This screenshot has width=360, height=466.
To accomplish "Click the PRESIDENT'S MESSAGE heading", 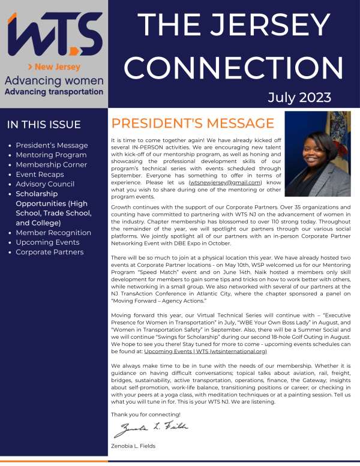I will pyautogui.click(x=193, y=124).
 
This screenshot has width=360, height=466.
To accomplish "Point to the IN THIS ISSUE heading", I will pyautogui.click(x=44, y=125).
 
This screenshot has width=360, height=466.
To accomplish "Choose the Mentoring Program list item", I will pyautogui.click(x=52, y=155).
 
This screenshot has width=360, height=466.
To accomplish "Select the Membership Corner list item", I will pyautogui.click(x=51, y=164).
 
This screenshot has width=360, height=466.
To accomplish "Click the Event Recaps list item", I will pyautogui.click(x=41, y=175).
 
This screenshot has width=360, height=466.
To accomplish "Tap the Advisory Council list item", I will pyautogui.click(x=45, y=184).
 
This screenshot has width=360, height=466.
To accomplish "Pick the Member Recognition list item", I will pyautogui.click(x=53, y=233).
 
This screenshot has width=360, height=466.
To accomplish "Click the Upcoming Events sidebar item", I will pyautogui.click(x=47, y=242).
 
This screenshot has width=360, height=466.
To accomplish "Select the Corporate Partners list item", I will pyautogui.click(x=49, y=252).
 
